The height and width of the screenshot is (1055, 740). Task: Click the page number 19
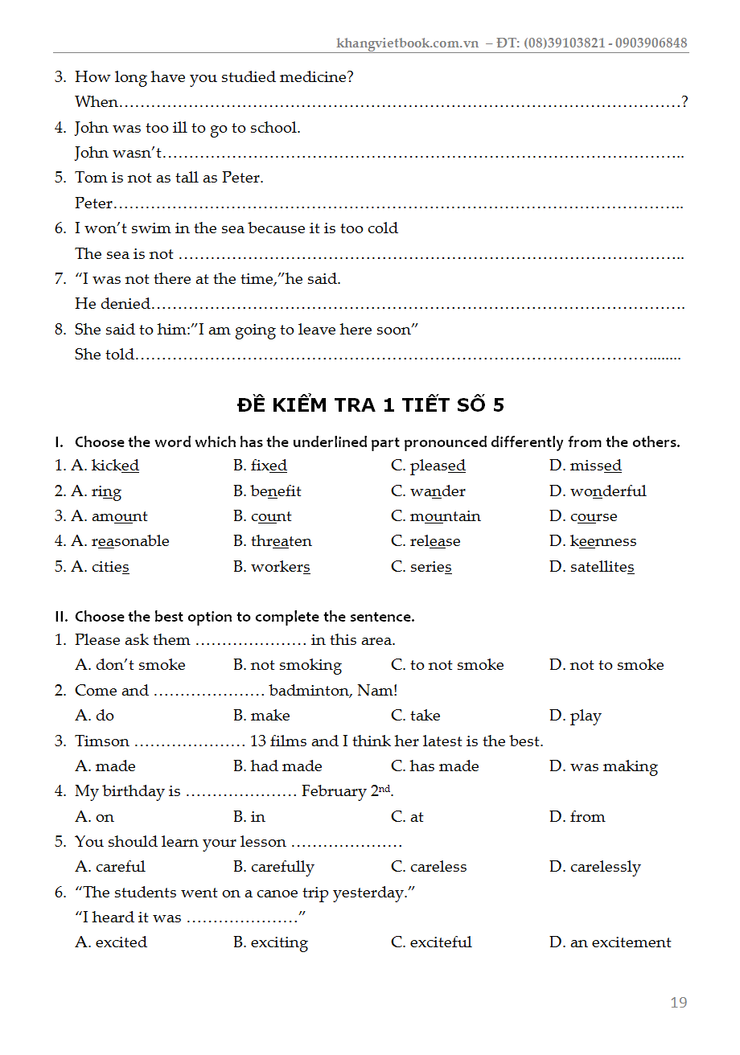pyautogui.click(x=678, y=1002)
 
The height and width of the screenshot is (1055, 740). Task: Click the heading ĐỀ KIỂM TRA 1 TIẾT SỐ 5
pyautogui.click(x=370, y=404)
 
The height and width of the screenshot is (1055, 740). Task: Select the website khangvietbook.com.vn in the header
pyautogui.click(x=407, y=43)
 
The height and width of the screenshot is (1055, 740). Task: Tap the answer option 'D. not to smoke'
pyautogui.click(x=606, y=665)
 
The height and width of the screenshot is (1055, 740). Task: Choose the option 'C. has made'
pyautogui.click(x=434, y=766)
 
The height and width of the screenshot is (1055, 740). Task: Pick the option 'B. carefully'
pyautogui.click(x=273, y=867)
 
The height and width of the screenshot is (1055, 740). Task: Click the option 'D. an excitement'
pyautogui.click(x=610, y=942)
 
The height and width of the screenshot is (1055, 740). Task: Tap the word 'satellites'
pyautogui.click(x=602, y=567)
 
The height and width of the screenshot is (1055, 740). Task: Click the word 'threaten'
pyautogui.click(x=281, y=541)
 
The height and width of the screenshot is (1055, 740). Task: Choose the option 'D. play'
pyautogui.click(x=575, y=716)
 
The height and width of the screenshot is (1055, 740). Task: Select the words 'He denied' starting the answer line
pyautogui.click(x=113, y=304)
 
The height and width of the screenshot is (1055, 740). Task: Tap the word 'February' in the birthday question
pyautogui.click(x=333, y=791)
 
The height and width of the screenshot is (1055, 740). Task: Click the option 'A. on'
pyautogui.click(x=95, y=817)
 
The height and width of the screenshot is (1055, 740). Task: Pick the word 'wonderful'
pyautogui.click(x=608, y=491)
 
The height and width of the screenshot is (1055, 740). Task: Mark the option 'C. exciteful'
pyautogui.click(x=431, y=942)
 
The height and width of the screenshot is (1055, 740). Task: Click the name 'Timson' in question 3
pyautogui.click(x=102, y=741)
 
